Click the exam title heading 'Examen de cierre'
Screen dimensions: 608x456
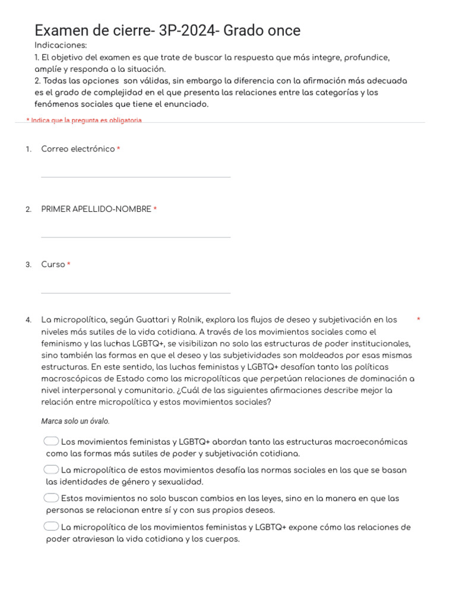167,30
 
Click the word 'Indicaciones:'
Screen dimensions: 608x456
61,45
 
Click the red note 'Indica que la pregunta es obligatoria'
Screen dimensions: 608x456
84,120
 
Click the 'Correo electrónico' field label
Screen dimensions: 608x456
78,149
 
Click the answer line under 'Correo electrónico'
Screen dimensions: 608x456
135,177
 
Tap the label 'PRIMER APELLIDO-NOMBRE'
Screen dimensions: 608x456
96,209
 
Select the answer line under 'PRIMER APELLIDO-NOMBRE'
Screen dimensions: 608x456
135,237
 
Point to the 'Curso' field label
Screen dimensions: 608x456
53,264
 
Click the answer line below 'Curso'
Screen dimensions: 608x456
135,293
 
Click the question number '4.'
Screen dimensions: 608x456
28,320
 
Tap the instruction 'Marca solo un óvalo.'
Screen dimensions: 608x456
75,421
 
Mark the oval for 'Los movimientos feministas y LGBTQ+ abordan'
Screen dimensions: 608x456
52,441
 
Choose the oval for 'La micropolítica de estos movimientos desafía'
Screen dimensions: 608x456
52,470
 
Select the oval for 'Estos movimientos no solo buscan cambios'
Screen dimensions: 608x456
52,498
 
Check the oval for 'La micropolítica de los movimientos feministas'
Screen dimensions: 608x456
52,526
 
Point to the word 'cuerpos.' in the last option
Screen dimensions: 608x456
223,539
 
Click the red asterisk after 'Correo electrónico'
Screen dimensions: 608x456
119,149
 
